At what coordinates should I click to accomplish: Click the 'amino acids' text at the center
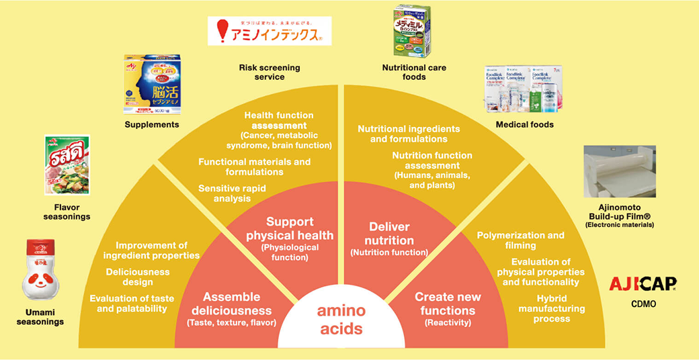[341, 320]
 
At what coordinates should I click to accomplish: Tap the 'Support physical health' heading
[290, 228]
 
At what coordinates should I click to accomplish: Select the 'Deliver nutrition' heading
[389, 233]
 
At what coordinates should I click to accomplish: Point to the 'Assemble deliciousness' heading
[231, 304]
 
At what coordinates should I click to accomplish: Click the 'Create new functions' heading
[448, 304]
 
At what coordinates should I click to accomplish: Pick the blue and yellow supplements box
[152, 85]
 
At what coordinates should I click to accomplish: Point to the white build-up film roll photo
[619, 171]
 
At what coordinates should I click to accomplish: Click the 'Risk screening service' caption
[270, 73]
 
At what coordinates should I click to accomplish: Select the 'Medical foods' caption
[524, 124]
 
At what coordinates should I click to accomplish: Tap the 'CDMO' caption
[643, 304]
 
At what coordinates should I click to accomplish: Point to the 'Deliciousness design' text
[138, 277]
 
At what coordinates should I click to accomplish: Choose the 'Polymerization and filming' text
[521, 240]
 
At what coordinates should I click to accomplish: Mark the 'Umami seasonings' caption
[41, 317]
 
